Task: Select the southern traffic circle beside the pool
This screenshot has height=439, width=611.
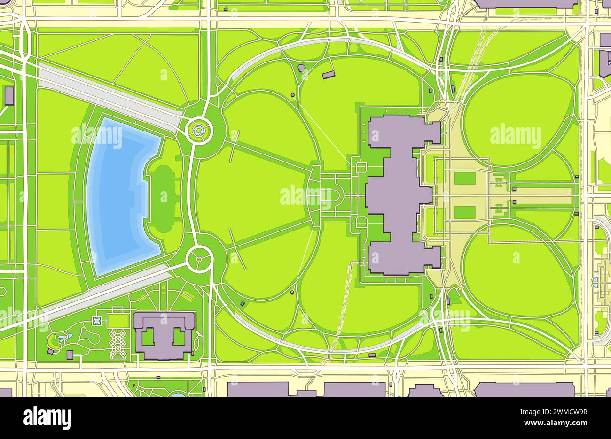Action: point(199,258)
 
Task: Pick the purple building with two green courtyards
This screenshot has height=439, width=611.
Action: point(164,335)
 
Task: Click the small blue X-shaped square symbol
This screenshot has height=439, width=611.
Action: point(97,321)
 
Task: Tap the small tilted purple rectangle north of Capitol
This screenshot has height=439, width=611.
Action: point(329,75)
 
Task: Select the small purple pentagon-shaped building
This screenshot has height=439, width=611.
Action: point(302,68)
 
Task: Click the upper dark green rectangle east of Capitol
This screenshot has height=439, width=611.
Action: point(464,178)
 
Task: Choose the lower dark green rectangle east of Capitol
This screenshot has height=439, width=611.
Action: point(464,212)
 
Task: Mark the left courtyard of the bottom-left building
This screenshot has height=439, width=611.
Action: point(149,337)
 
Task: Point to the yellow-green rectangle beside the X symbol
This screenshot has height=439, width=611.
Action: point(117,321)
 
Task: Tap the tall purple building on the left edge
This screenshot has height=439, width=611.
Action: point(9,96)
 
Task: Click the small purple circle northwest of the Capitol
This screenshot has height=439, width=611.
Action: point(293,95)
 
